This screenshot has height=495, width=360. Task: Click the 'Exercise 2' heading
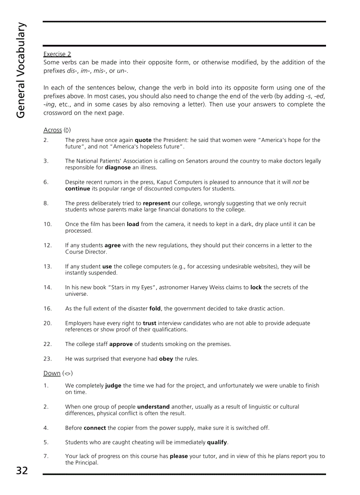tap(57, 54)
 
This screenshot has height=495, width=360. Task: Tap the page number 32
tap(22, 471)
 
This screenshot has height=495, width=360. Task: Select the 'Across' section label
tap(52, 130)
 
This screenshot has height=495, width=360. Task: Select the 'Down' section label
tap(52, 373)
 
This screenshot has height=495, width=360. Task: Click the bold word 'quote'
tap(143, 140)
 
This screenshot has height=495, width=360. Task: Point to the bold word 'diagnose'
tap(117, 167)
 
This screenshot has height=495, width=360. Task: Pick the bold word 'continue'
tap(78, 189)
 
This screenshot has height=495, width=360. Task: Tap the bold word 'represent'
tap(156, 203)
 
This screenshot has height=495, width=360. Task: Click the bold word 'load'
tap(133, 224)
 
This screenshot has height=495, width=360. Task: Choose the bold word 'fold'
tap(155, 309)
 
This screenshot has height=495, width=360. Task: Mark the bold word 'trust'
tap(150, 323)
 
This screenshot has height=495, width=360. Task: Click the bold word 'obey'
tap(166, 359)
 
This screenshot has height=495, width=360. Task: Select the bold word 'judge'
tap(113, 386)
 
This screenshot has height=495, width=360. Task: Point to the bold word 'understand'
tap(153, 407)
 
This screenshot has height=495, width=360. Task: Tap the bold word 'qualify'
tap(217, 442)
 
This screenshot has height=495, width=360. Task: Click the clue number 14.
tap(48, 287)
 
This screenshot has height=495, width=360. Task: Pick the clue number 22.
tap(48, 344)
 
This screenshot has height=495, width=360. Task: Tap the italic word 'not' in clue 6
tap(297, 182)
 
